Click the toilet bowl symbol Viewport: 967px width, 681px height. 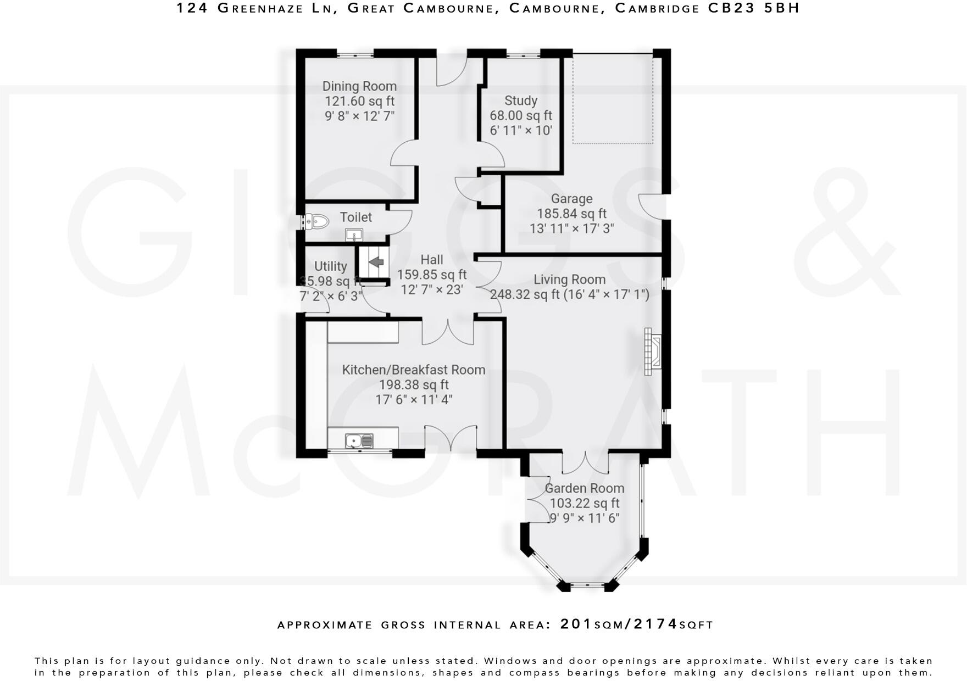coord(318,221)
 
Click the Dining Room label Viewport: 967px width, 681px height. coord(359,86)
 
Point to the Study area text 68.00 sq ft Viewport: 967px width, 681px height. coord(520,116)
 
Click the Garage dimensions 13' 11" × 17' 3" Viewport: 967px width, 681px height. coord(571,228)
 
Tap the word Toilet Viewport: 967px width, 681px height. coord(355,217)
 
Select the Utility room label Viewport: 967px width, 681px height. coord(330,266)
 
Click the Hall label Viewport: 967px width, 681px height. coord(431,260)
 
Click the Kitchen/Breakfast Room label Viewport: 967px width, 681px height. coord(414,370)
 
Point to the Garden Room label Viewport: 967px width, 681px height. coord(584,488)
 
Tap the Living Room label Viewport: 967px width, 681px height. coord(569,280)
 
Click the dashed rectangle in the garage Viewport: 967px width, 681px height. coord(613,99)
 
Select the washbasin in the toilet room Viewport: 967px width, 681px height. coord(354,236)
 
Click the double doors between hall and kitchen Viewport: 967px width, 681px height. coord(448,333)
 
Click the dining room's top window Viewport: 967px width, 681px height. coord(354,54)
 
